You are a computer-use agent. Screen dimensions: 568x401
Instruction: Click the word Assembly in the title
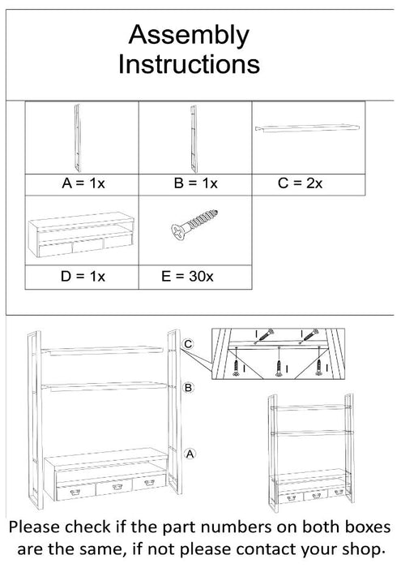point(189,35)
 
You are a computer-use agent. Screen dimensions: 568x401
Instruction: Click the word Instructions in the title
point(189,63)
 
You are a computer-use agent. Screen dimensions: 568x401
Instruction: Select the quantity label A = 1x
point(84,184)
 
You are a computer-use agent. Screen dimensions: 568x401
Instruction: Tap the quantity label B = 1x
point(196,184)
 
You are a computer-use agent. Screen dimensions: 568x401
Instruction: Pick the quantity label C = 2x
point(301,184)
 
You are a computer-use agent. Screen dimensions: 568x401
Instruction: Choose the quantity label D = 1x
point(83,277)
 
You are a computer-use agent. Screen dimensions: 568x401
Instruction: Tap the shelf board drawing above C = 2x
point(309,127)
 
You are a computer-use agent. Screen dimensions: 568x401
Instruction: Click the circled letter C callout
point(188,345)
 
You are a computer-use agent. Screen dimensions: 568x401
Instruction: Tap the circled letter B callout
point(188,389)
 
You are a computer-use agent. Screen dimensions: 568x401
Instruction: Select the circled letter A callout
point(189,454)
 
